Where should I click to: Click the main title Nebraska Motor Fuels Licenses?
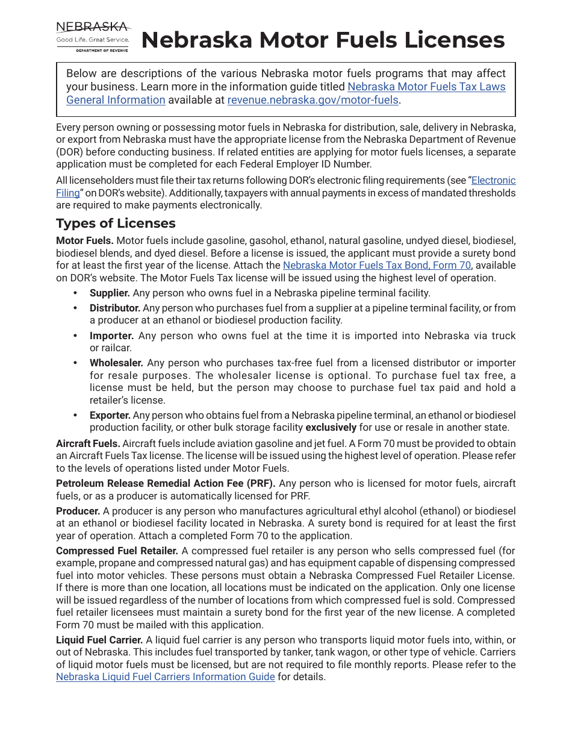323,40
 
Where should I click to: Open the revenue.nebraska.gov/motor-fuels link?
312,100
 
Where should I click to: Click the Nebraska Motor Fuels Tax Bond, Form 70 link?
377,265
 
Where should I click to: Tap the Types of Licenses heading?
116,224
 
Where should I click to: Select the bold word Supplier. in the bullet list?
110,293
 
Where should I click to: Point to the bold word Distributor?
115,308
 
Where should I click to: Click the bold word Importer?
111,336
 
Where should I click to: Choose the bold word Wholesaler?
116,363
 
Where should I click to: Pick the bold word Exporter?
110,415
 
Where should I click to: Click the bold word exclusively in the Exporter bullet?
331,428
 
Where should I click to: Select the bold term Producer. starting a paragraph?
78,511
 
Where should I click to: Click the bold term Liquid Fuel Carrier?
99,640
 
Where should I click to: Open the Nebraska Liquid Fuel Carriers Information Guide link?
166,677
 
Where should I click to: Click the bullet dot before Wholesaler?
75,363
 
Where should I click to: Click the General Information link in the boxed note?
116,100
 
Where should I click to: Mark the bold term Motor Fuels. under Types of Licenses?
85,240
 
